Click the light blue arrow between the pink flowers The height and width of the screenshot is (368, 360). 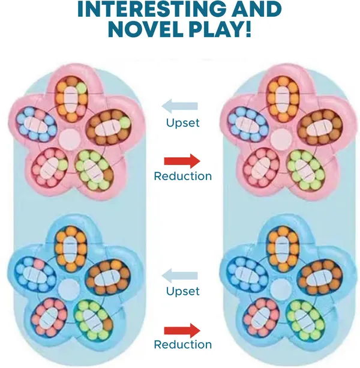click(180, 106)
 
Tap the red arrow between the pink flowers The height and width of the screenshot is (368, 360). click(182, 161)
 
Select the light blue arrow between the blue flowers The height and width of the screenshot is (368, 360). click(180, 276)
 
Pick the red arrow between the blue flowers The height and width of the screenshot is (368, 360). click(182, 330)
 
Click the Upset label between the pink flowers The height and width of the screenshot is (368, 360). click(182, 123)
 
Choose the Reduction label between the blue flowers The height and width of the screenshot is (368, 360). click(182, 345)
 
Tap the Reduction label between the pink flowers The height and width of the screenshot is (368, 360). click(182, 176)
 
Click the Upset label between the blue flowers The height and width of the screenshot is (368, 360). click(182, 291)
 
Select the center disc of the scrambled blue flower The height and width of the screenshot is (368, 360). click(68, 289)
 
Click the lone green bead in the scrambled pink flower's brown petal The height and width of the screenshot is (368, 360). click(125, 122)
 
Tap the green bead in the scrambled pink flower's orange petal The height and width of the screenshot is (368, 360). click(81, 88)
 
